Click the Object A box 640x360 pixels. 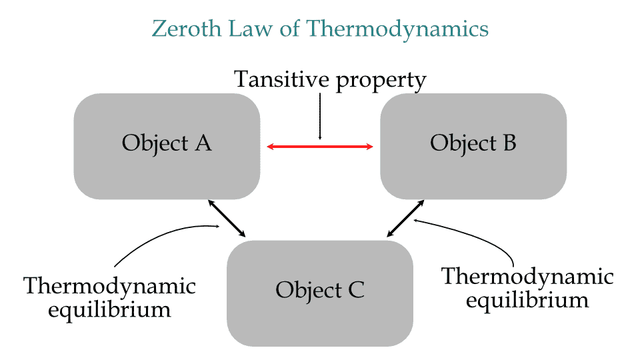pos(167,146)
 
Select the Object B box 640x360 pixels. pos(473,146)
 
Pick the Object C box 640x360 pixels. pos(320,293)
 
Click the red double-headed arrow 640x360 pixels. pos(320,147)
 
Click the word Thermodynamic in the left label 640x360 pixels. pos(110,287)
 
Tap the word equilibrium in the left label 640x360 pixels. pos(110,310)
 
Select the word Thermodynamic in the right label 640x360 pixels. pos(528,277)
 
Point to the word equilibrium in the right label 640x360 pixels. pos(528,300)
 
